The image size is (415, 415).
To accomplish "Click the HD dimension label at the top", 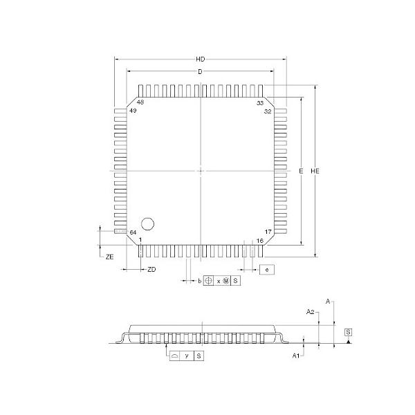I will click(x=201, y=60).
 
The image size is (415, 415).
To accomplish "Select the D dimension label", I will click(x=200, y=72).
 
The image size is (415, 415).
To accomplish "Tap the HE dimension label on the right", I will click(x=315, y=171).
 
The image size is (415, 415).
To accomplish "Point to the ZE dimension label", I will click(x=109, y=257).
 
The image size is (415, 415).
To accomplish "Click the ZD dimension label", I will click(x=151, y=269).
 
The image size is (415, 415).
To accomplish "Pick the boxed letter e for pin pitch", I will click(x=267, y=269).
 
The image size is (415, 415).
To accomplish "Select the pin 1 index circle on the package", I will click(x=147, y=223).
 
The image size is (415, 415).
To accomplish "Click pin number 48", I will click(x=140, y=102).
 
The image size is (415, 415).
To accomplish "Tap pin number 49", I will click(x=133, y=111).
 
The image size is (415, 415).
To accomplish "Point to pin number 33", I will click(x=260, y=102).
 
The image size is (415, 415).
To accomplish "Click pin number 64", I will click(x=133, y=232).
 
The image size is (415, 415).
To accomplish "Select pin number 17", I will click(x=267, y=232).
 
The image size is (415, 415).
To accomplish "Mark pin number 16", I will click(x=260, y=241).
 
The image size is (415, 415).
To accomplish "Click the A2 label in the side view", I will click(x=311, y=312).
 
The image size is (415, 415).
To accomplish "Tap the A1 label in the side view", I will click(x=295, y=355).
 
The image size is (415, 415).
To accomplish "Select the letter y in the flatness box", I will click(x=187, y=355).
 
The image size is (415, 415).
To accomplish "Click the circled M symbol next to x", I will click(x=225, y=281).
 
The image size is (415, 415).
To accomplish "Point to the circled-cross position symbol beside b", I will click(x=209, y=281).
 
